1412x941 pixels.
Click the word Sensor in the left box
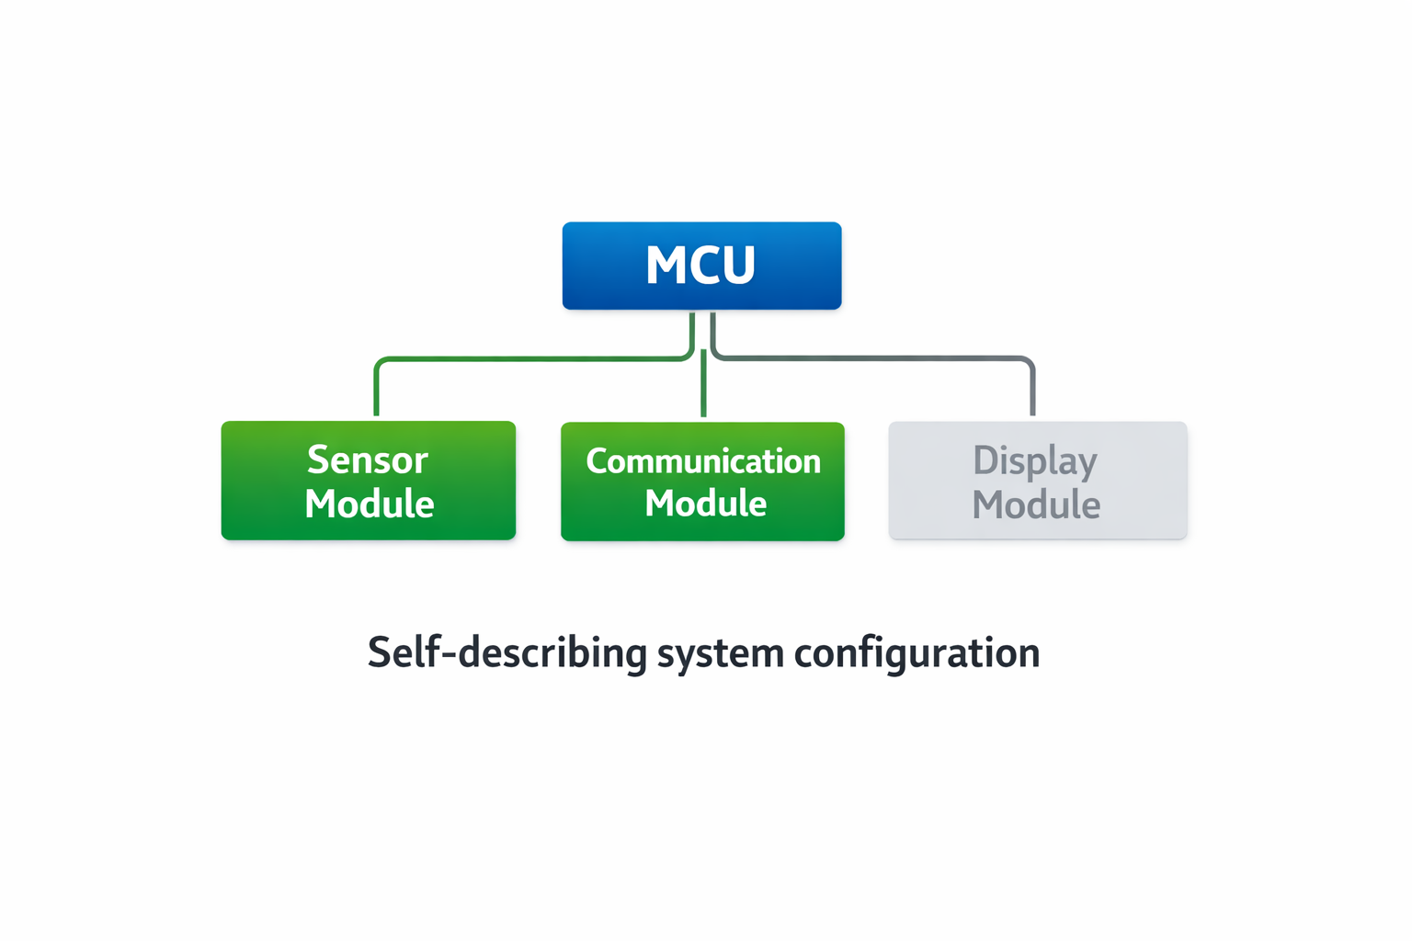pos(368,459)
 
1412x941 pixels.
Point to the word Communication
pos(703,461)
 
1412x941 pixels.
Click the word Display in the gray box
pos(1035,461)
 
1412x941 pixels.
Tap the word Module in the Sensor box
pos(369,504)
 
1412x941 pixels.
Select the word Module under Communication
pos(705,504)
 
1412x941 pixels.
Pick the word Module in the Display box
pos(1036,505)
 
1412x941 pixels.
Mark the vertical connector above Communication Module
pos(703,386)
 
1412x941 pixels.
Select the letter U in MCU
pos(737,266)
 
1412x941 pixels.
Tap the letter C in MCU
pos(700,266)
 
